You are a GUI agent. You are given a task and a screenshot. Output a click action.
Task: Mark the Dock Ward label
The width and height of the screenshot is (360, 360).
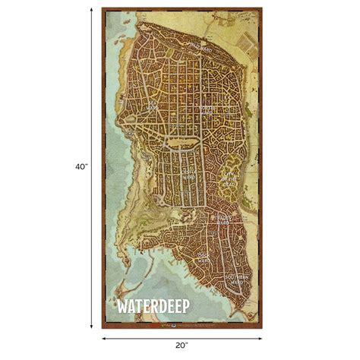click(x=202, y=257)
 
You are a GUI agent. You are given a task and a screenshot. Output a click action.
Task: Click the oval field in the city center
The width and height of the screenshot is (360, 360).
click(x=186, y=140)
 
